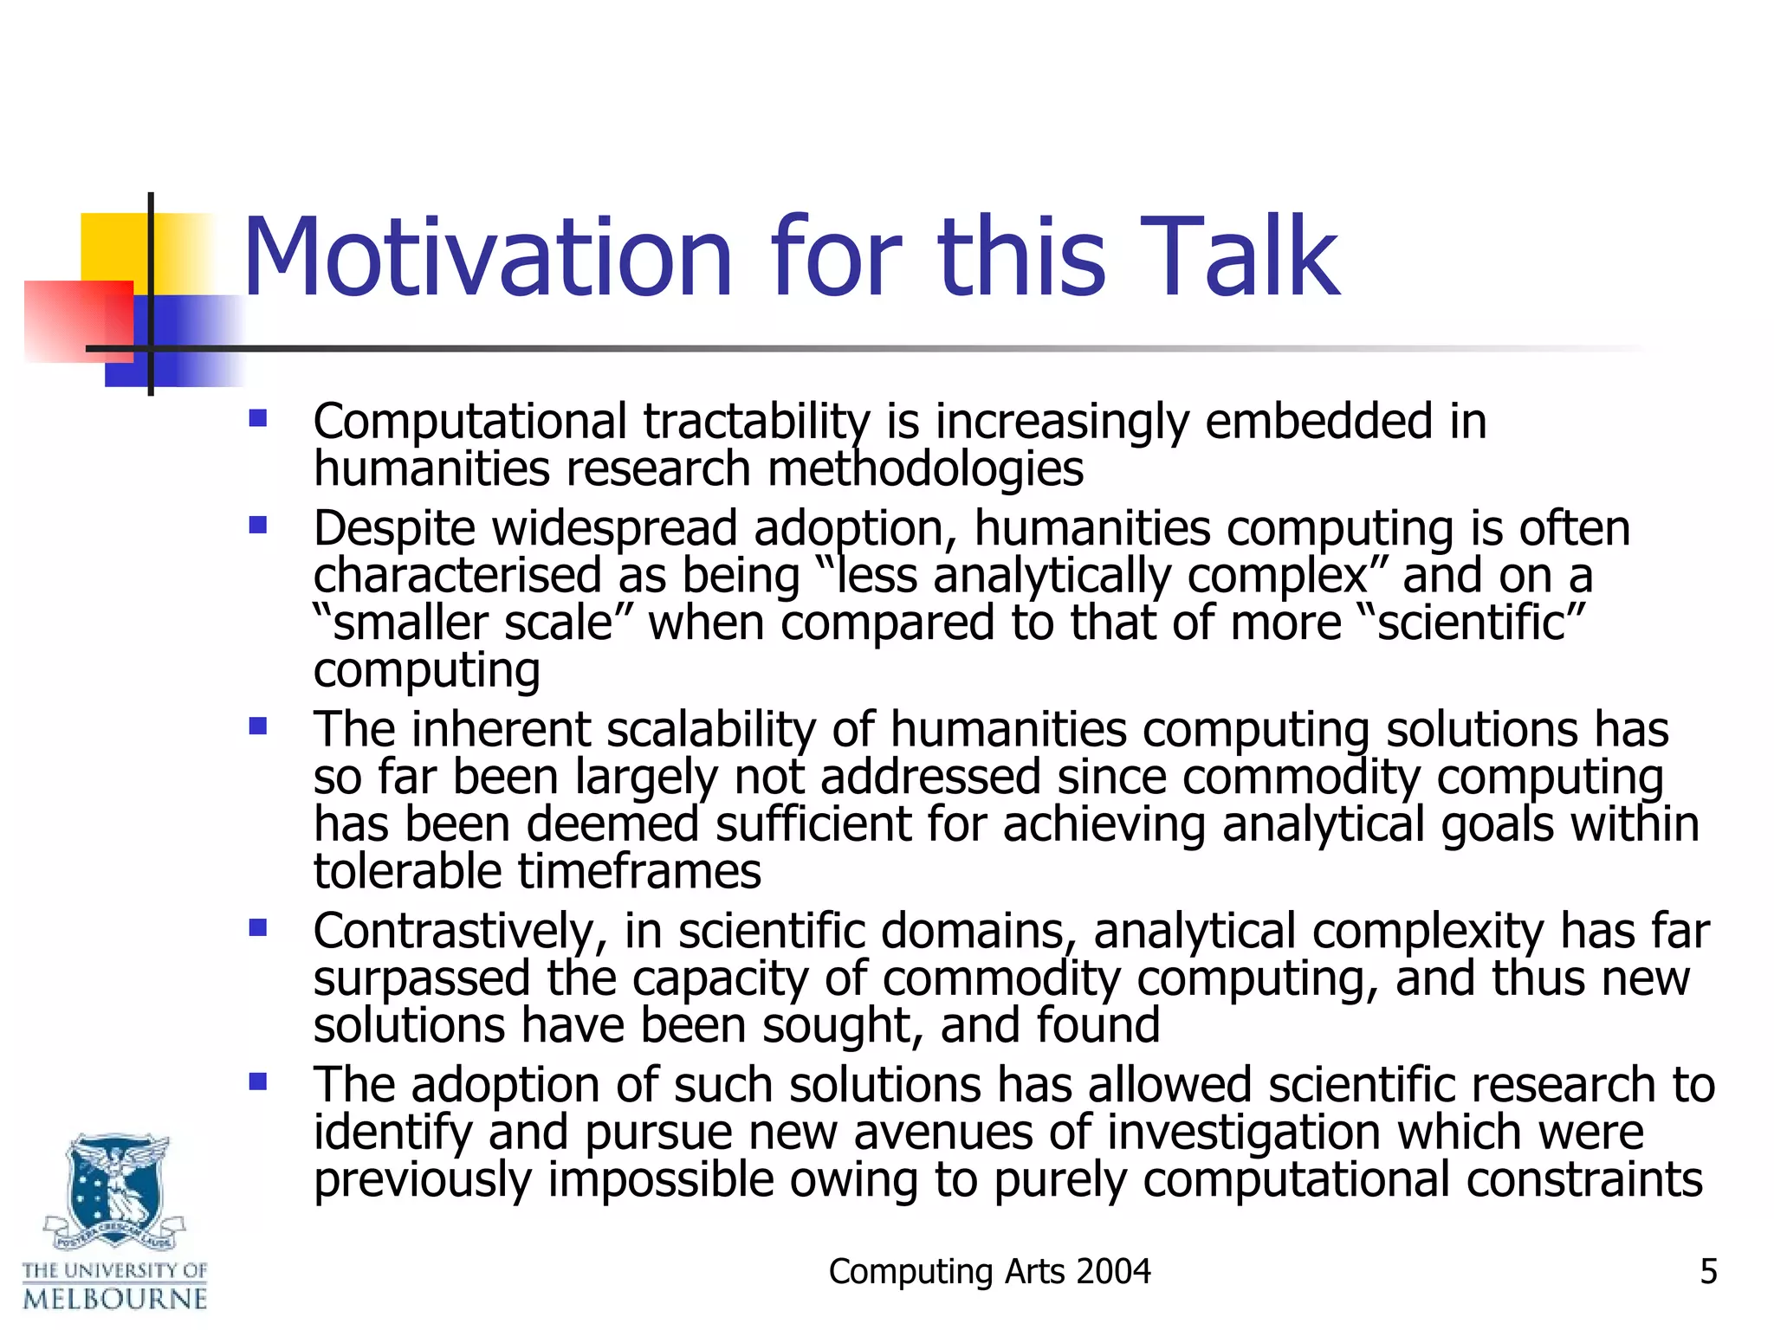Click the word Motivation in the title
coord(488,257)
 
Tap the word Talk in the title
coord(1239,257)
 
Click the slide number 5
coord(1708,1271)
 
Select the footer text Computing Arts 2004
coord(989,1271)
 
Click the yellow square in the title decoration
coord(113,247)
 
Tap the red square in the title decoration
coord(78,320)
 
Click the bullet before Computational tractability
coord(257,420)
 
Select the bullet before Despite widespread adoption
coord(257,526)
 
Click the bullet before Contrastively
coord(257,928)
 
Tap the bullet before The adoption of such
coord(257,1081)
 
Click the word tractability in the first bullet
coord(755,423)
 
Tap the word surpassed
coord(421,979)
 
